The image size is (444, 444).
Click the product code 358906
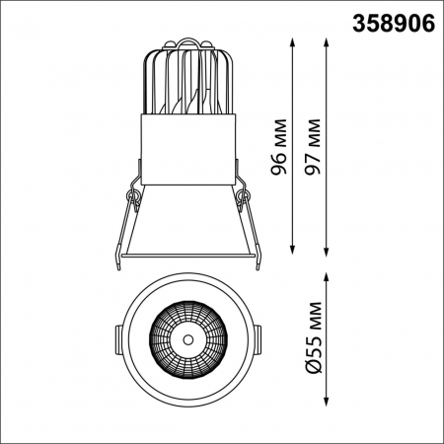pos(393,23)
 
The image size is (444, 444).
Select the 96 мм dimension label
pos(279,148)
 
